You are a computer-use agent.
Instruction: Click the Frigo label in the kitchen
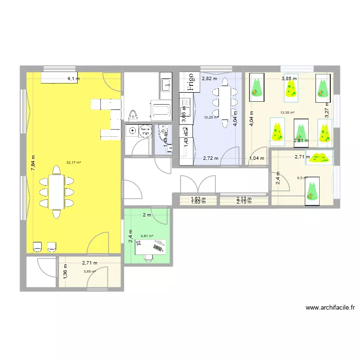(x=190, y=82)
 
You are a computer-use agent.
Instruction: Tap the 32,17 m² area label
(x=73, y=162)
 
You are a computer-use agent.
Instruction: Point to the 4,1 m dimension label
(x=73, y=79)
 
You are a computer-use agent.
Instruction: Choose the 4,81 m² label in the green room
(x=147, y=236)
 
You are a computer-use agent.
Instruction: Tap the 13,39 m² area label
(x=287, y=113)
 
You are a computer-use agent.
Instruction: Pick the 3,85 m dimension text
(x=289, y=78)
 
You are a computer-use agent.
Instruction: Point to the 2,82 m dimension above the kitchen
(x=209, y=78)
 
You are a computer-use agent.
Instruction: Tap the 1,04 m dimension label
(x=257, y=158)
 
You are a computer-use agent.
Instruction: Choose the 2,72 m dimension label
(x=210, y=158)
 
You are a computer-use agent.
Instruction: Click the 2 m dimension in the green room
(x=147, y=215)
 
